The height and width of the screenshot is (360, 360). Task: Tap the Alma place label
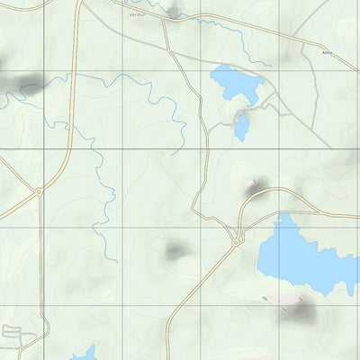[x=326, y=53]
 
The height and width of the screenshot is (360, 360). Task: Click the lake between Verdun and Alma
[x=235, y=84]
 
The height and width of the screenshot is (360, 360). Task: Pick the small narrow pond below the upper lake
[x=241, y=126]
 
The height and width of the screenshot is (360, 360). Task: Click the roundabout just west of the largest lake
[x=237, y=241]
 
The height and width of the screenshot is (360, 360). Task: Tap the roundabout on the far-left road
[x=39, y=192]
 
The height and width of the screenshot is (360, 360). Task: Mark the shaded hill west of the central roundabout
[x=175, y=250]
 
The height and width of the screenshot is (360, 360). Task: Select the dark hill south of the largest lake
[x=297, y=311]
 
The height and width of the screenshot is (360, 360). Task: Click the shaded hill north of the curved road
[x=251, y=185]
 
